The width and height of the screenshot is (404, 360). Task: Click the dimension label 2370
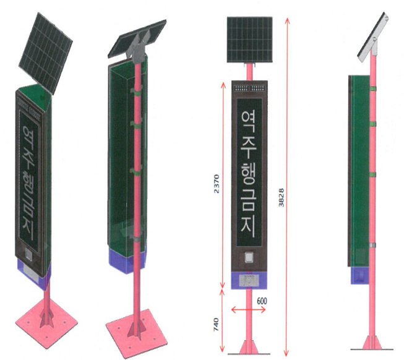point(215,184)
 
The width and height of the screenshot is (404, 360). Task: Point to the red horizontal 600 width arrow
point(248,309)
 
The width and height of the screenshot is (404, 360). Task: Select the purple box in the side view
point(358,275)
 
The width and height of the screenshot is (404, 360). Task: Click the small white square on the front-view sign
point(249,258)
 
